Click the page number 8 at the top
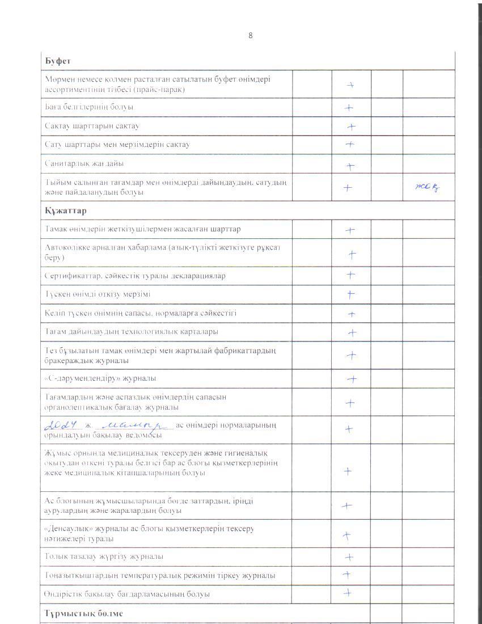point(250,36)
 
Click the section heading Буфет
point(57,60)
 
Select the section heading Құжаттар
point(62,210)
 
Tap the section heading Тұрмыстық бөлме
point(83,614)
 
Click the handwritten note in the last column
point(427,188)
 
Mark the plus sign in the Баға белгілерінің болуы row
point(349,107)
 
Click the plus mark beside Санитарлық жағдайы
point(350,166)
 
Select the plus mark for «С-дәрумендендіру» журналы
point(352,378)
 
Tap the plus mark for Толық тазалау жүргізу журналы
point(350,557)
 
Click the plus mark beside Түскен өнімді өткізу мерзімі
point(351,294)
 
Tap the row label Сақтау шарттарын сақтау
point(92,126)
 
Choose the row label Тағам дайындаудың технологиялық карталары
point(131,331)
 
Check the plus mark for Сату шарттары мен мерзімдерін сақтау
point(350,145)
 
